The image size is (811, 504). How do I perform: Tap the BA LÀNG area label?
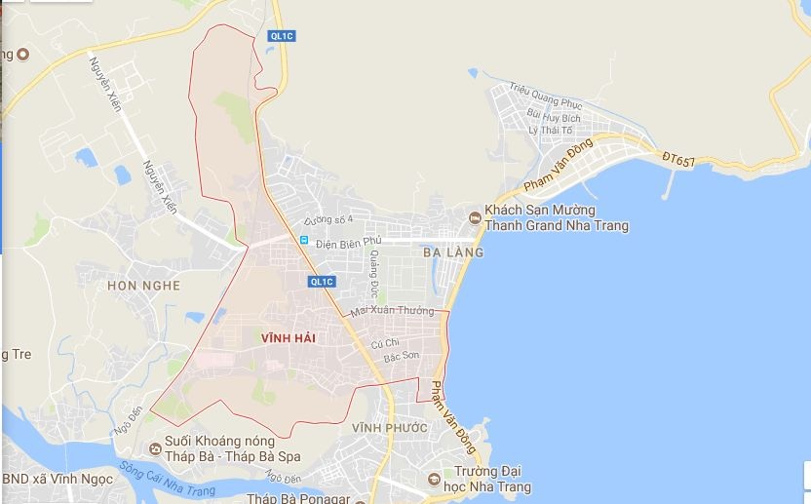pyautogui.click(x=453, y=252)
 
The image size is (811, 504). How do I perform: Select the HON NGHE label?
pyautogui.click(x=143, y=286)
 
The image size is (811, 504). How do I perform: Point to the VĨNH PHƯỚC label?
pyautogui.click(x=390, y=428)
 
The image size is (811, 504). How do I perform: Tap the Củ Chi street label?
pyautogui.click(x=385, y=342)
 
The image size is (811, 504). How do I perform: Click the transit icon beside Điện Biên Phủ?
pyautogui.click(x=304, y=240)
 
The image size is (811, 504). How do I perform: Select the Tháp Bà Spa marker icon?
pyautogui.click(x=156, y=447)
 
